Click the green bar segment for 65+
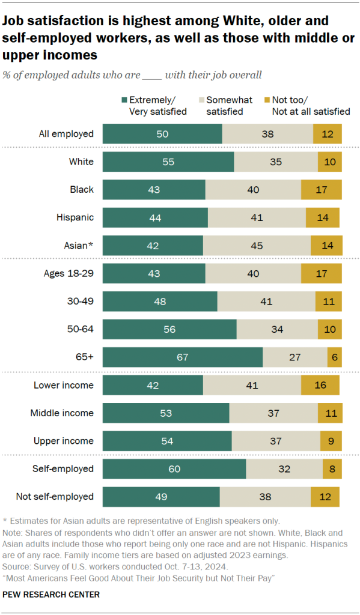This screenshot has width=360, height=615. pyautogui.click(x=182, y=357)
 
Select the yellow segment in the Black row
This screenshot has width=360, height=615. pyautogui.click(x=321, y=189)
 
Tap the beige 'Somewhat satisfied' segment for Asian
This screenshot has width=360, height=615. pyautogui.click(x=257, y=245)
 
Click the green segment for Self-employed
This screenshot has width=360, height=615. pyautogui.click(x=174, y=468)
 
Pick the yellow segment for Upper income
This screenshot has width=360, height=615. pyautogui.click(x=331, y=441)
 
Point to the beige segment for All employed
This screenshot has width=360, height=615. pyautogui.click(x=267, y=133)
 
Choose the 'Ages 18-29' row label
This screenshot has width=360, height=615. pyautogui.click(x=69, y=273)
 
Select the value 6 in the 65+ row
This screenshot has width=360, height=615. pyautogui.click(x=335, y=357)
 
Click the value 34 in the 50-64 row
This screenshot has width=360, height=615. pyautogui.click(x=277, y=329)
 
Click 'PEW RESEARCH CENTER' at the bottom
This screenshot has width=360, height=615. pyautogui.click(x=52, y=595)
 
